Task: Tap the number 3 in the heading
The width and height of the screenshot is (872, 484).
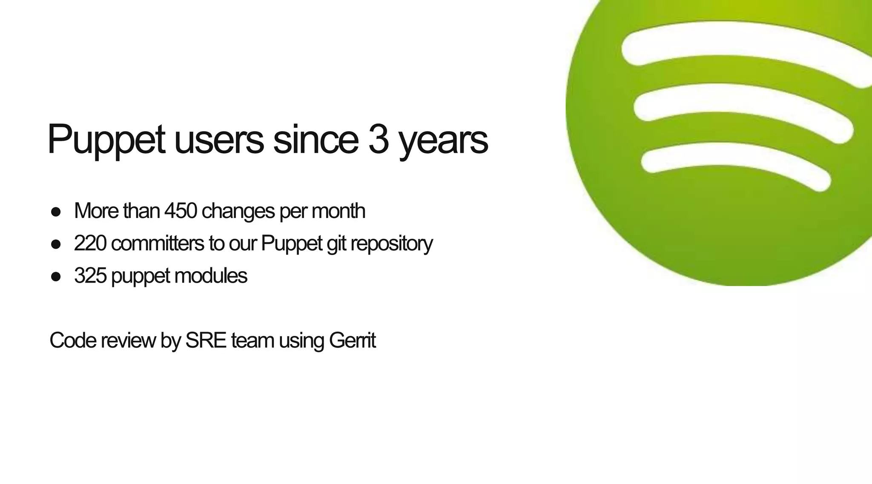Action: [x=379, y=140]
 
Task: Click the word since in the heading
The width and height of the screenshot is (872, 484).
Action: [x=315, y=140]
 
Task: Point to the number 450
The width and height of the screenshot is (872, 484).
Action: [x=181, y=211]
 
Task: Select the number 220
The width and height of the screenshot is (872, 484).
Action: [x=90, y=243]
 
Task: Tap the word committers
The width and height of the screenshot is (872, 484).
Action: [x=158, y=243]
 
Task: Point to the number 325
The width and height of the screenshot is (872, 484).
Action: [x=90, y=276]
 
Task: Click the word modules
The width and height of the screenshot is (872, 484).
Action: [x=210, y=276]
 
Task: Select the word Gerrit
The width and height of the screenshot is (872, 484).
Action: [x=352, y=341]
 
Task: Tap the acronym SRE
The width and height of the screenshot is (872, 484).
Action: [x=206, y=341]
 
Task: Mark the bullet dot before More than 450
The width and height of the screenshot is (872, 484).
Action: [x=56, y=212]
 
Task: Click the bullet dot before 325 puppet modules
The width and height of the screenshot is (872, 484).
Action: [x=56, y=277]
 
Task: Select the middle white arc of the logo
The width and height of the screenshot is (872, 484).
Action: [x=741, y=100]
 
